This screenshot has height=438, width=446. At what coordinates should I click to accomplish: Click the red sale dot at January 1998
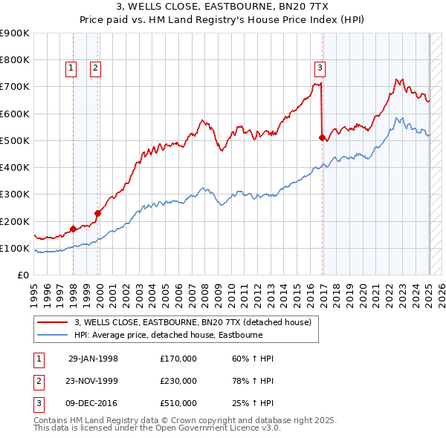(x=73, y=229)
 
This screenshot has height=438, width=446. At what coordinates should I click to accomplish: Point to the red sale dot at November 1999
(x=97, y=213)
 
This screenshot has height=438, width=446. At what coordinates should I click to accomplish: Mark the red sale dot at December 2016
(x=322, y=137)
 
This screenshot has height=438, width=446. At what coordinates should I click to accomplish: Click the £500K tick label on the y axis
(x=15, y=140)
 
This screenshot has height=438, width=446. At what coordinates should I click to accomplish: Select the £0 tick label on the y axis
(x=22, y=275)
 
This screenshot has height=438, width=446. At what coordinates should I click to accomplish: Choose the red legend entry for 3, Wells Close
(x=197, y=322)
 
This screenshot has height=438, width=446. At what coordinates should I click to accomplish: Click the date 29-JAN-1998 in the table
(x=93, y=359)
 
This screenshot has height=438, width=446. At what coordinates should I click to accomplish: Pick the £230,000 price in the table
(x=178, y=381)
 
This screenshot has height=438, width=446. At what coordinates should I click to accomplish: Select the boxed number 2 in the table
(x=38, y=381)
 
